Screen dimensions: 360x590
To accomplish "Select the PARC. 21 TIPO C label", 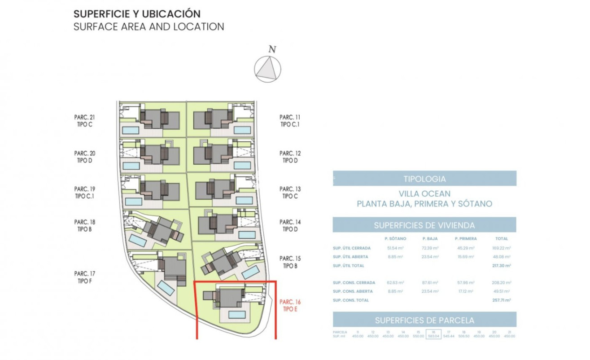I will pyautogui.click(x=84, y=121).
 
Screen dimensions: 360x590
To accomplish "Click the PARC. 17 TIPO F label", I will pyautogui.click(x=84, y=277).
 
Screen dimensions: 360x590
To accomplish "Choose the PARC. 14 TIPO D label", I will pyautogui.click(x=290, y=226).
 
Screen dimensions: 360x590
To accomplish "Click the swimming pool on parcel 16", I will pyautogui.click(x=237, y=315).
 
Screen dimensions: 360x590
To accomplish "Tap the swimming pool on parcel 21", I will pyautogui.click(x=131, y=130).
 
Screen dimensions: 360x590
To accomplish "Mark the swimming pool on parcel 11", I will pyautogui.click(x=242, y=130).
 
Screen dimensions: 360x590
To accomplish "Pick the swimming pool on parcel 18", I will pyautogui.click(x=138, y=241).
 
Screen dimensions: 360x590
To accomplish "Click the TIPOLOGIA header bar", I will pyautogui.click(x=424, y=179).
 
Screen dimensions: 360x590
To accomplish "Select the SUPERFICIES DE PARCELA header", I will pyautogui.click(x=424, y=320).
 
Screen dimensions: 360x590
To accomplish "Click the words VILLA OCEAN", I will pyautogui.click(x=424, y=194).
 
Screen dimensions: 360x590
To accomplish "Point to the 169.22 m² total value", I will pyautogui.click(x=501, y=248).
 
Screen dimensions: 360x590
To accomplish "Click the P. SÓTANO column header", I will pyautogui.click(x=395, y=239).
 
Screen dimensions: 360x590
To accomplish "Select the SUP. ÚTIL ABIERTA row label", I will pyautogui.click(x=350, y=257).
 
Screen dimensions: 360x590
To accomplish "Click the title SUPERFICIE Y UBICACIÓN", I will pyautogui.click(x=137, y=14).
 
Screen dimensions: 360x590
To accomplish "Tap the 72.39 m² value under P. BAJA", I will pyautogui.click(x=430, y=248).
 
